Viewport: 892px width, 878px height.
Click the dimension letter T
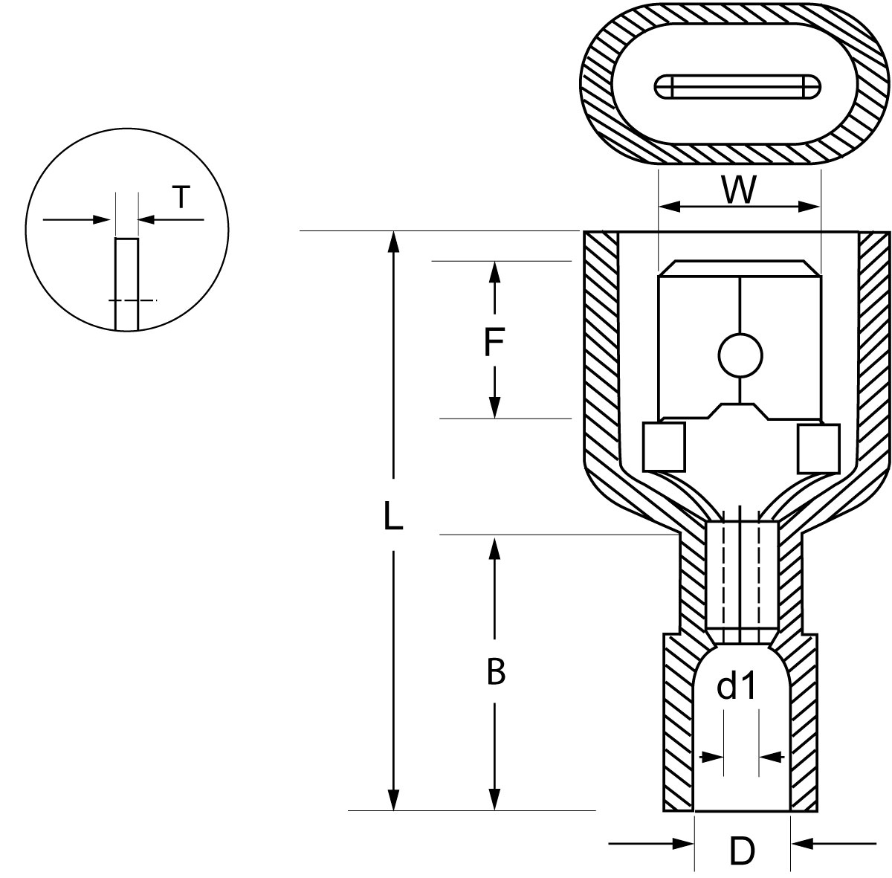click(181, 197)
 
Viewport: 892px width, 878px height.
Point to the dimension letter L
click(392, 515)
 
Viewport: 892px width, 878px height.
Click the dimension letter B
click(495, 672)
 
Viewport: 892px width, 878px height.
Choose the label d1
click(736, 688)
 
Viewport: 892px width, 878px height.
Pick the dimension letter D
click(742, 851)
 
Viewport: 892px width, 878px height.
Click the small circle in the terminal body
click(740, 355)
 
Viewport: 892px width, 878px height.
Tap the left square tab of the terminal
click(664, 447)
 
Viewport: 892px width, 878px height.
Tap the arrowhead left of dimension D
click(684, 843)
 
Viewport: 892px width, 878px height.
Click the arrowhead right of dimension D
click(801, 843)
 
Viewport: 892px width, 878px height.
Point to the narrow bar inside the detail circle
click(126, 283)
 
